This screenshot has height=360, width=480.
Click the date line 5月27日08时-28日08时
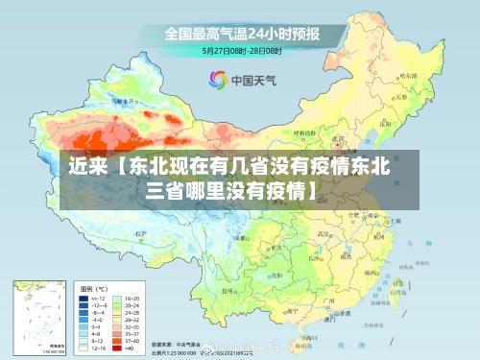tap(243, 50)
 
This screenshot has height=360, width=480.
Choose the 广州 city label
tap(329, 300)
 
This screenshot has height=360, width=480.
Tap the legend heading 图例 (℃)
tap(93, 288)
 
